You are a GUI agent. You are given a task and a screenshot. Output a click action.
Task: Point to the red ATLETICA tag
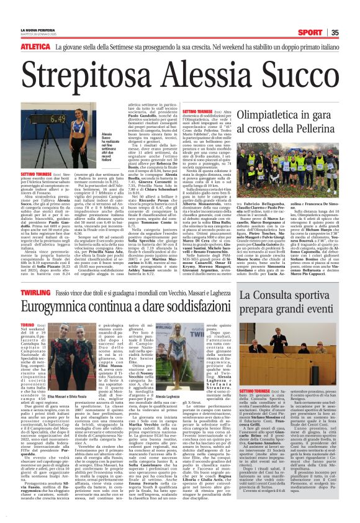tap(35, 47)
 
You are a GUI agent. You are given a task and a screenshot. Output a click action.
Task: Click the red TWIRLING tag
tap(35, 290)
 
